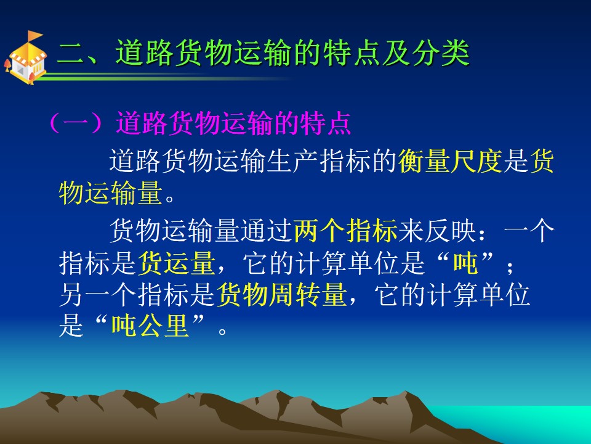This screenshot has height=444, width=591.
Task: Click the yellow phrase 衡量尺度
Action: [x=451, y=162]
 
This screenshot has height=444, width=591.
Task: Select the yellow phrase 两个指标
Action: [x=345, y=230]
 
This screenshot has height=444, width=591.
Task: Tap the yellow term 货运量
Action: [x=177, y=263]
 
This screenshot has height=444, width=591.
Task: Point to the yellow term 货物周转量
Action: [x=281, y=295]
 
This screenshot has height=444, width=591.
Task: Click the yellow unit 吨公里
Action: [x=150, y=326]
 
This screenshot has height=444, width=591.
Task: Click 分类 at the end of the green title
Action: [x=441, y=52]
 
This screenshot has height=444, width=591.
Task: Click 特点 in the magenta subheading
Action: [x=326, y=123]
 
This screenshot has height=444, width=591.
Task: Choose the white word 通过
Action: [x=267, y=230]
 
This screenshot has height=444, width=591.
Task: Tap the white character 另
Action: [x=71, y=295]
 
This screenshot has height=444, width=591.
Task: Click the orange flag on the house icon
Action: [x=34, y=36]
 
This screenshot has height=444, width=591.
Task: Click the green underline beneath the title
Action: [x=166, y=78]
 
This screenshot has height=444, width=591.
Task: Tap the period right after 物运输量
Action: [x=170, y=198]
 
